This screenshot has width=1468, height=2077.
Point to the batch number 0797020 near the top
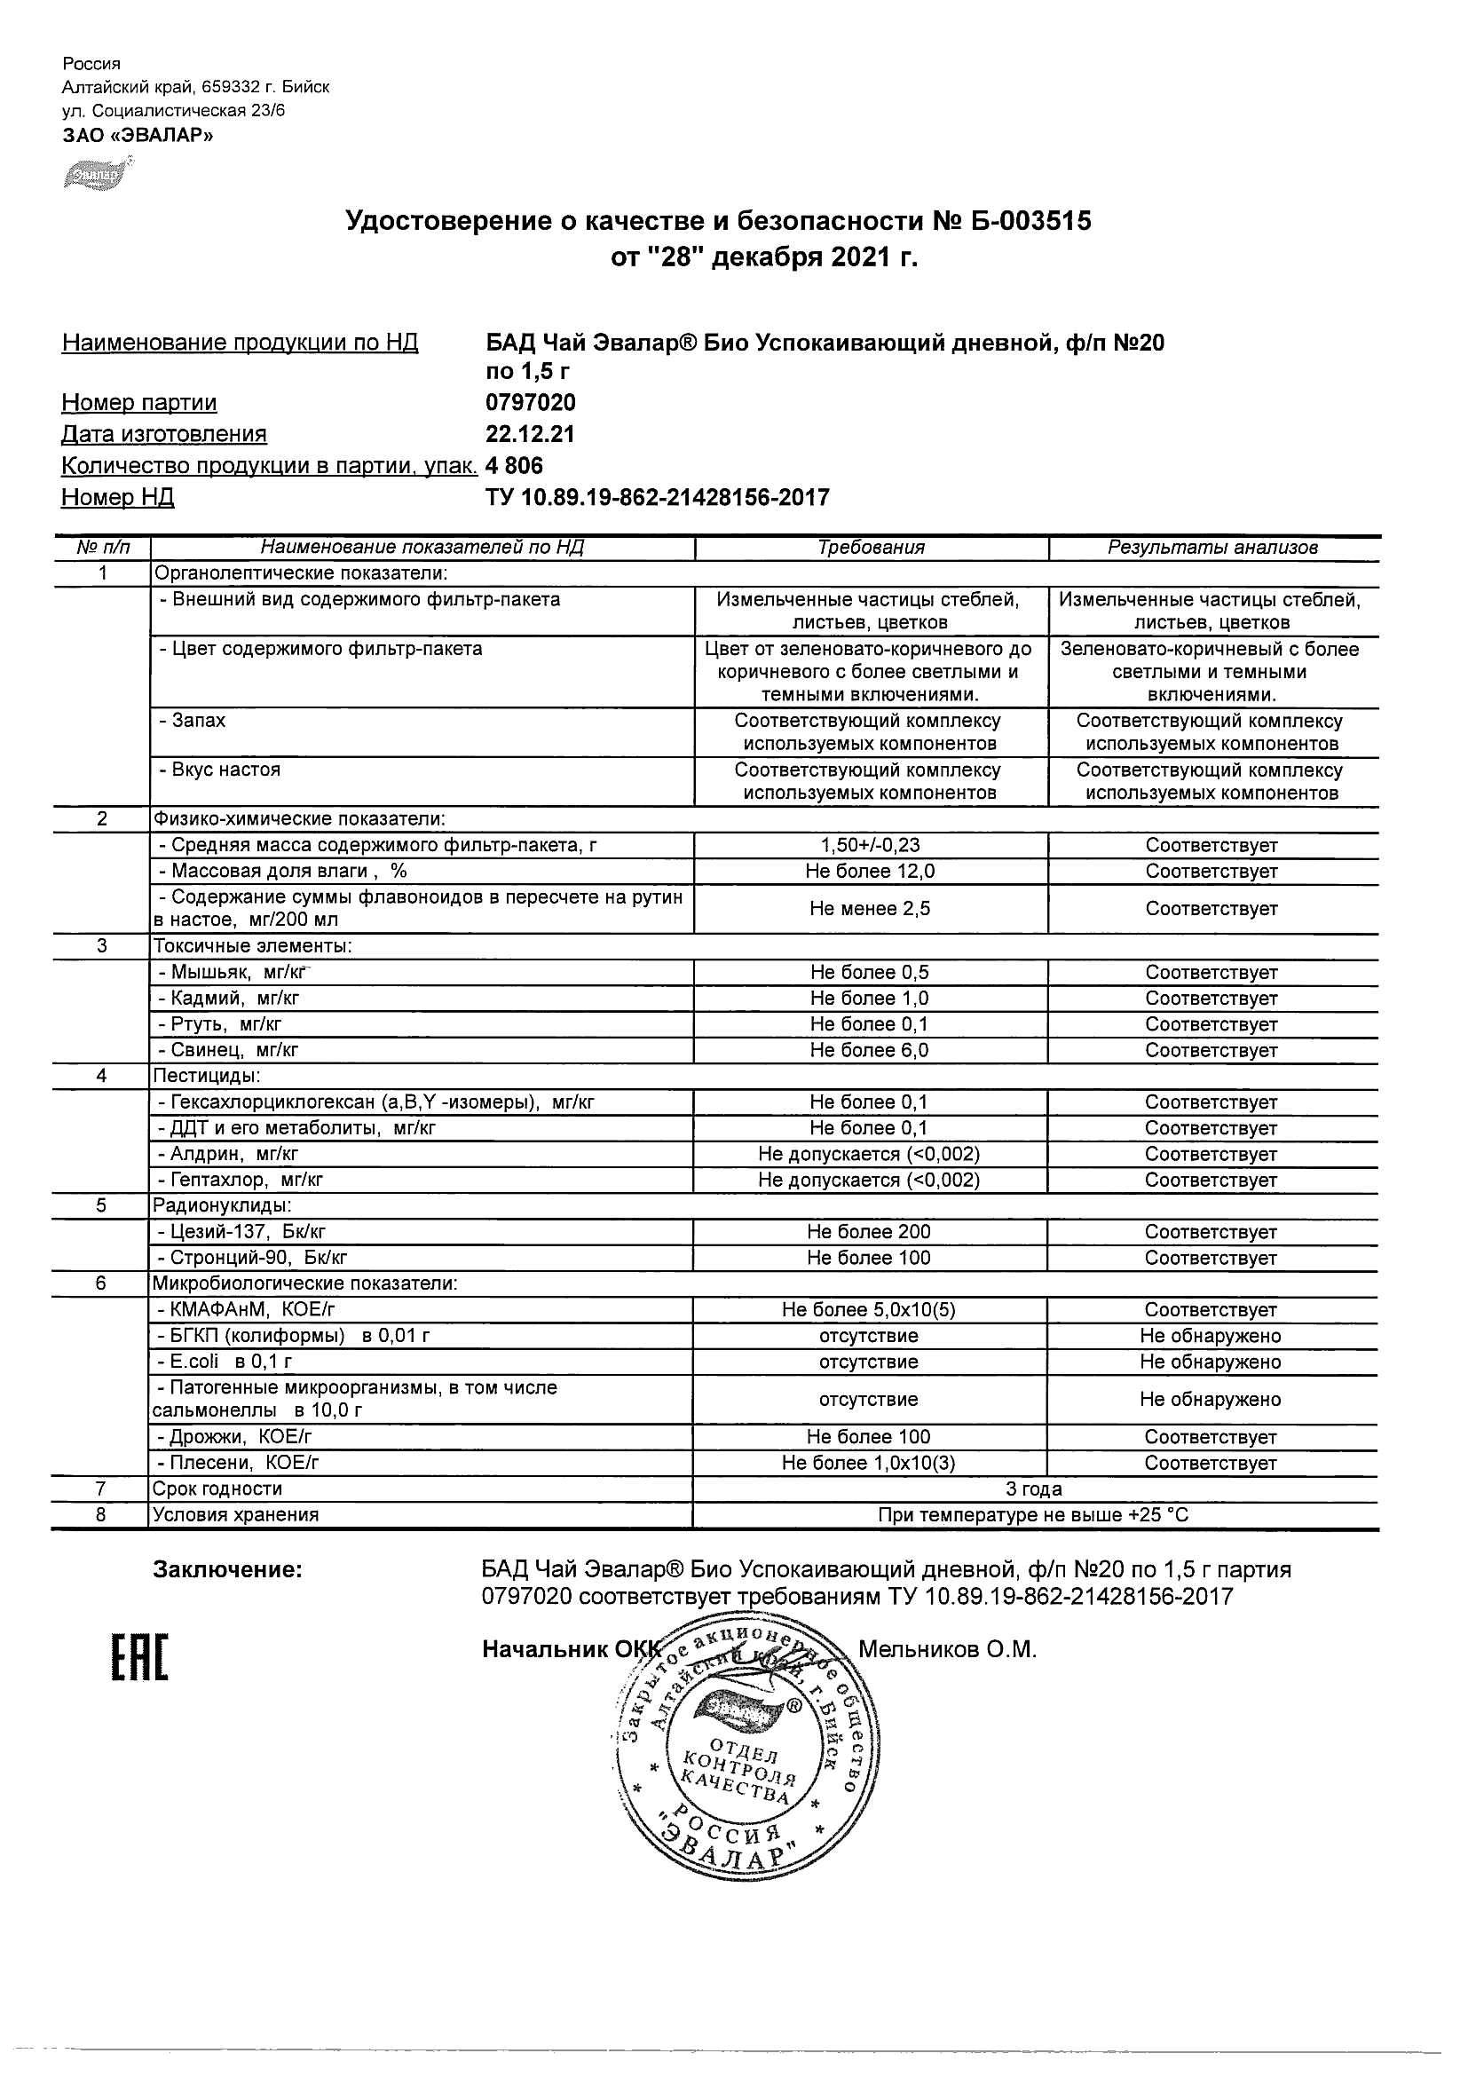pyautogui.click(x=530, y=403)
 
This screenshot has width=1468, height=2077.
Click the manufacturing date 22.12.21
pyautogui.click(x=530, y=434)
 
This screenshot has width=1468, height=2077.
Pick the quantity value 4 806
pyautogui.click(x=515, y=466)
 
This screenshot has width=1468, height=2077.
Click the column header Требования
pyautogui.click(x=871, y=548)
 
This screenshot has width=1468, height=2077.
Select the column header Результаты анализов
pyautogui.click(x=1212, y=548)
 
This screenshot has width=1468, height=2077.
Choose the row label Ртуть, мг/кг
pyautogui.click(x=227, y=1024)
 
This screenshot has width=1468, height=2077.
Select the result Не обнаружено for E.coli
pyautogui.click(x=1211, y=1362)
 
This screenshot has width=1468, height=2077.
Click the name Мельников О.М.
pyautogui.click(x=947, y=1649)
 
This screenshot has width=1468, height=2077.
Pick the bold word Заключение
pyautogui.click(x=227, y=1569)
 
